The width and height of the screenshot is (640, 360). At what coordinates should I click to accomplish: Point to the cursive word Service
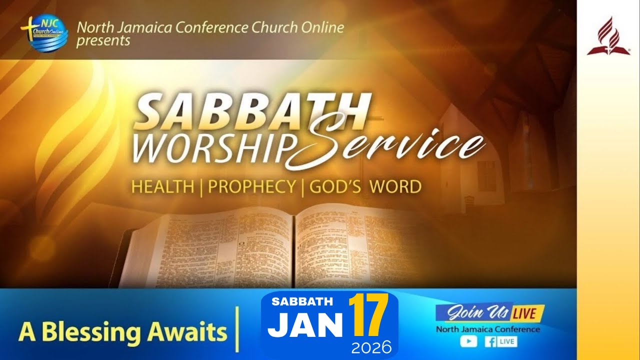[x=395, y=143]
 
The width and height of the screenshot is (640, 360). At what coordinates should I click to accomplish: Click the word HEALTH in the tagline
[x=162, y=186]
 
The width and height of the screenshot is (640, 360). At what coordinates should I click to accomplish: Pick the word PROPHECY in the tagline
[x=251, y=186]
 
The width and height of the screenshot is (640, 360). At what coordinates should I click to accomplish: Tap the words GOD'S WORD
[x=365, y=186]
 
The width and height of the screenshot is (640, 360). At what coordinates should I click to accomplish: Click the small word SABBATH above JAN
[x=302, y=301]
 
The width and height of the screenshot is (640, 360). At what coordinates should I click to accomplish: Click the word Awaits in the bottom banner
[x=196, y=331]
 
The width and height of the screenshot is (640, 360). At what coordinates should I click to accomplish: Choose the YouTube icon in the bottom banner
[x=468, y=341]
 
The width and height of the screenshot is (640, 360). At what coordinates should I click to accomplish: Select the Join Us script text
[x=472, y=313]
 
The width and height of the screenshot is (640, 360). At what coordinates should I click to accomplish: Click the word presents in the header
[x=103, y=40]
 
